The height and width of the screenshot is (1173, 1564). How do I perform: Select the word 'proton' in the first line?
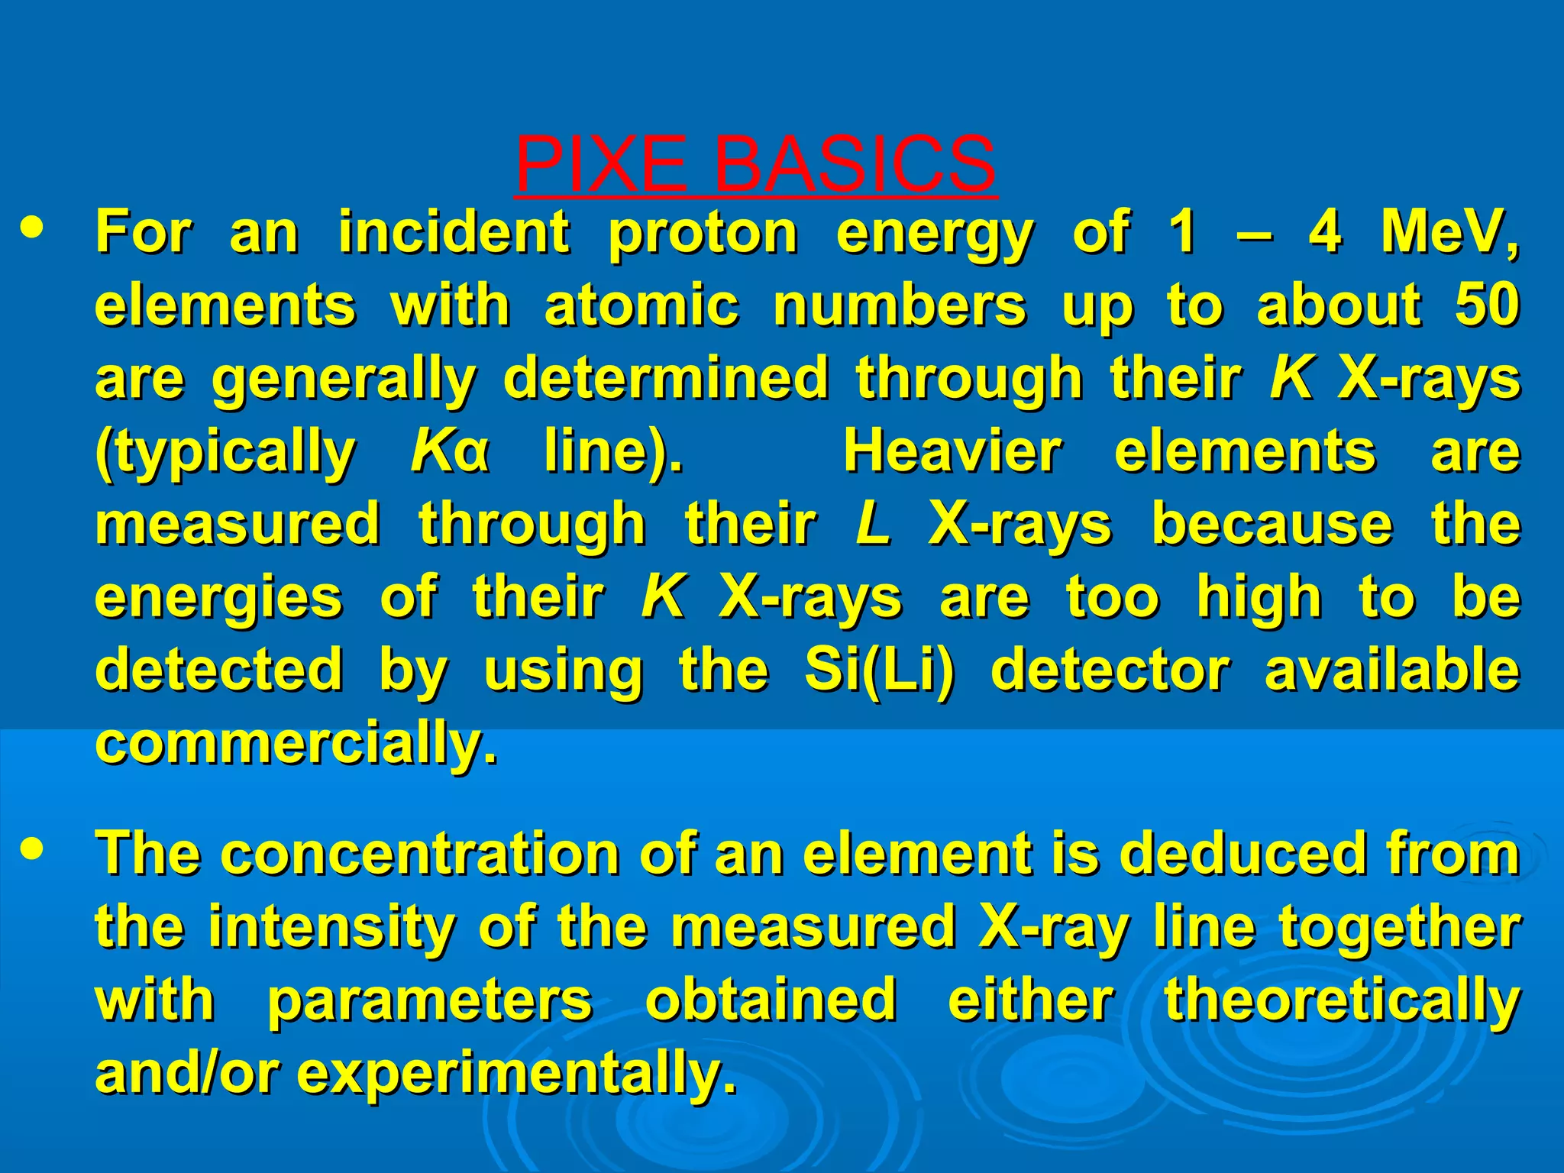pyautogui.click(x=703, y=233)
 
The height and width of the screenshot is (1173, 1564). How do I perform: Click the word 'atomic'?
pyautogui.click(x=641, y=305)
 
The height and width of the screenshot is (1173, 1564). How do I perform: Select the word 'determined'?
pyautogui.click(x=665, y=378)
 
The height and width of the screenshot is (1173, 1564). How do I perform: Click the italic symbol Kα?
pyautogui.click(x=449, y=451)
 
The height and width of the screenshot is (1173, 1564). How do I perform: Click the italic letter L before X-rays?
pyautogui.click(x=874, y=525)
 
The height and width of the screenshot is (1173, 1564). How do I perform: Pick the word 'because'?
pyautogui.click(x=1272, y=525)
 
